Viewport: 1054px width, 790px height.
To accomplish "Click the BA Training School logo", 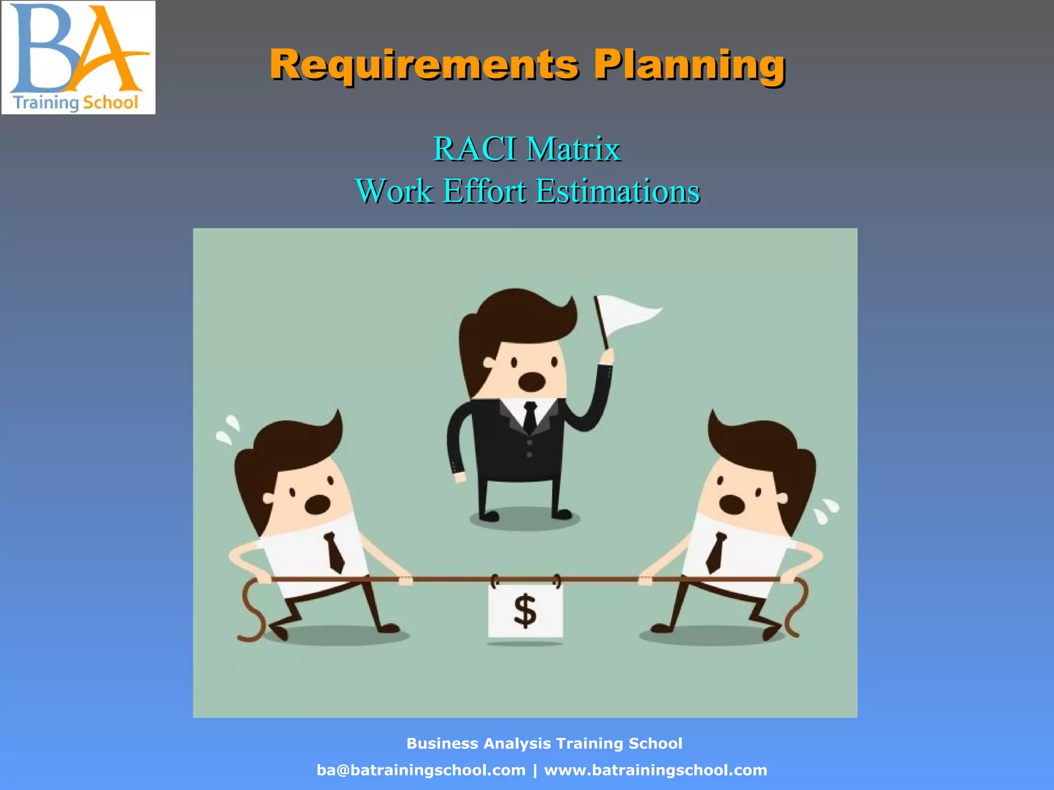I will click(x=78, y=58).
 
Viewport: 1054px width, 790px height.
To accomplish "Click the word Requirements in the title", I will click(x=424, y=65).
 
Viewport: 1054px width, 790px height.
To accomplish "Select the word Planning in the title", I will click(x=689, y=65).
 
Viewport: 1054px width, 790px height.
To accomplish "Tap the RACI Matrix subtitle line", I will click(x=527, y=149).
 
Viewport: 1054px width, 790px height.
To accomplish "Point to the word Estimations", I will click(x=618, y=191).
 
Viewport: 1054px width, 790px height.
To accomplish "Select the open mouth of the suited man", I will click(x=531, y=381).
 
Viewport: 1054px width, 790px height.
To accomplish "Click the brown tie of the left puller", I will click(x=335, y=552).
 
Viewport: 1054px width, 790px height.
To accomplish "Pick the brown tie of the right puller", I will click(x=716, y=552).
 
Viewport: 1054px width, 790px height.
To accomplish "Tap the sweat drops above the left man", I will click(x=227, y=430).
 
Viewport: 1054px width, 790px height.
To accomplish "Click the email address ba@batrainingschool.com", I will click(x=421, y=770).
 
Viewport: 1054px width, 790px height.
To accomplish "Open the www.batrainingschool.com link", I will click(x=655, y=770).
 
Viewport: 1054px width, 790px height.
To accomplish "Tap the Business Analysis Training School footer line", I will click(x=544, y=744).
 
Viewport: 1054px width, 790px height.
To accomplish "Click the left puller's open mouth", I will click(x=317, y=505).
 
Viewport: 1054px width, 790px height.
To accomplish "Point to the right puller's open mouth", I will click(x=732, y=505).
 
